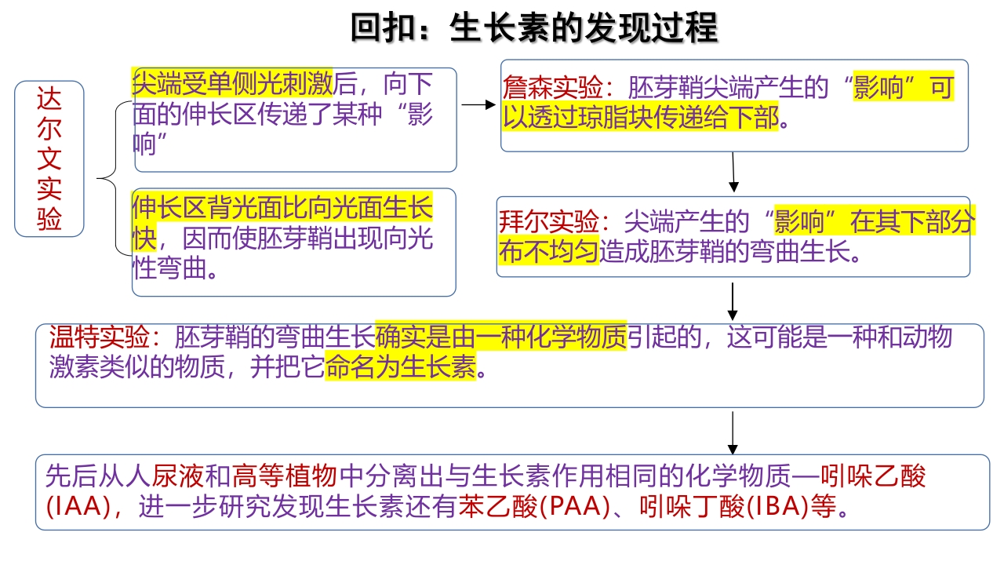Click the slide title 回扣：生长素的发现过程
pyautogui.click(x=534, y=27)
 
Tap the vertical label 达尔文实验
pyautogui.click(x=49, y=159)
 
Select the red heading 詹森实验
pyautogui.click(x=553, y=87)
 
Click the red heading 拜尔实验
pyautogui.click(x=549, y=221)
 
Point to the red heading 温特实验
pyautogui.click(x=99, y=337)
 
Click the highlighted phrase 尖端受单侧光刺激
pyautogui.click(x=232, y=83)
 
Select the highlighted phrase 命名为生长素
pyautogui.click(x=401, y=367)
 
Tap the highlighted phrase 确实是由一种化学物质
pyautogui.click(x=500, y=337)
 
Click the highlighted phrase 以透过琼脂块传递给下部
pyautogui.click(x=641, y=118)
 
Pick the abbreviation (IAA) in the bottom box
pyautogui.click(x=78, y=507)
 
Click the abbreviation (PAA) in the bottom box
pyautogui.click(x=574, y=507)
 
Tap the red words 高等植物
pyautogui.click(x=284, y=476)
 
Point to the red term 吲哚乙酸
pyautogui.click(x=873, y=476)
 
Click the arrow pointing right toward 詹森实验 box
pyautogui.click(x=478, y=105)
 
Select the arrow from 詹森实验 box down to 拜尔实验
pyautogui.click(x=733, y=172)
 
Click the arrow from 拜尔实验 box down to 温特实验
pyautogui.click(x=733, y=301)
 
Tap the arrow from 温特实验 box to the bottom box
pyautogui.click(x=733, y=433)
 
